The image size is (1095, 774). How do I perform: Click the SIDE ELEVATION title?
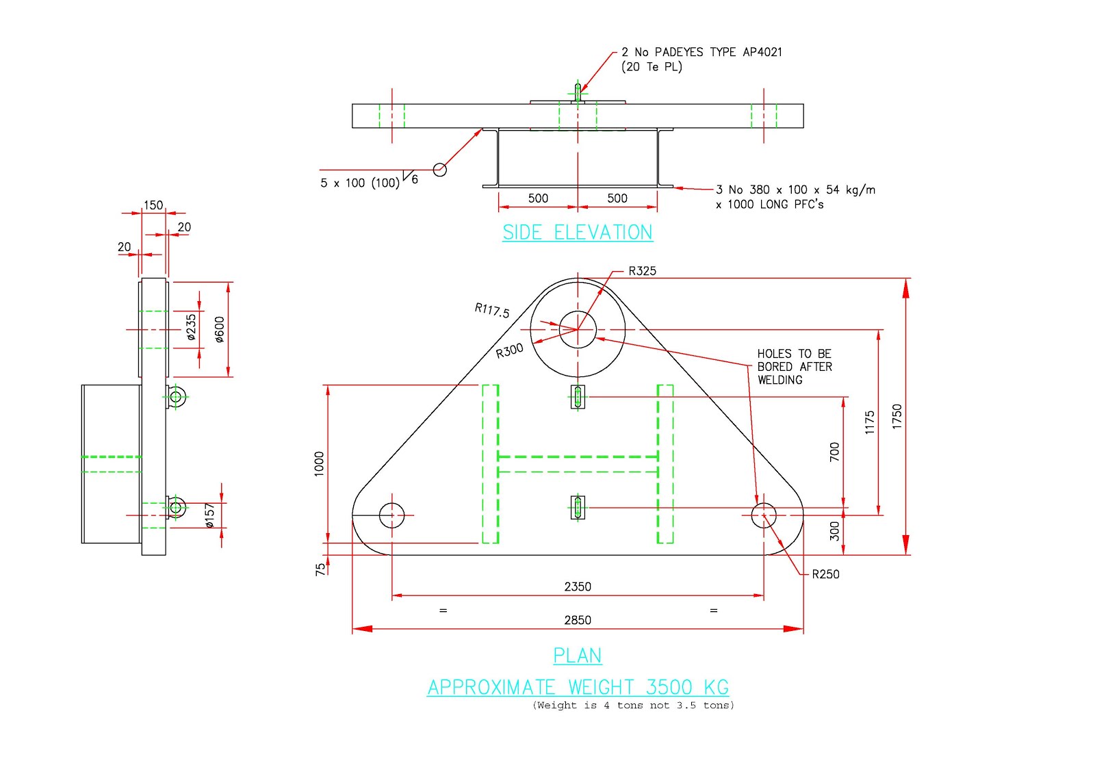coord(577,233)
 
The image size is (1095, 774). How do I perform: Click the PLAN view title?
coord(577,656)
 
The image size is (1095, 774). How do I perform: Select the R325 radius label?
coord(642,271)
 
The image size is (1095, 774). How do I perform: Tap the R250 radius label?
coord(825,574)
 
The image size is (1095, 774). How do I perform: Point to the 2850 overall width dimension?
coord(577,620)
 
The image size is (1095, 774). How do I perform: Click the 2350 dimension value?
coord(577,586)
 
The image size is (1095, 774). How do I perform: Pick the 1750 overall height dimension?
coord(897,417)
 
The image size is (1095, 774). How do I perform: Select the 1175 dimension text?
coord(870,422)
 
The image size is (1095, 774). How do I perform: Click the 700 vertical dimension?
coord(834,452)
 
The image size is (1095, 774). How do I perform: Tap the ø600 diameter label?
coord(219,329)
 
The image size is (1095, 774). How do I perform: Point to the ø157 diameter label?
coord(209,515)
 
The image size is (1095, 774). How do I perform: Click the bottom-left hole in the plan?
coord(391,515)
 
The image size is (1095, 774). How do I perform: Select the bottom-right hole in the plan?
coord(764,515)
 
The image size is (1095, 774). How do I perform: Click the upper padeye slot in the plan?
coord(578,397)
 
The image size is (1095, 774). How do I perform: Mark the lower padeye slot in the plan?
coord(578,507)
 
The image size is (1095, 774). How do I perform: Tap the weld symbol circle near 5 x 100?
coord(440,170)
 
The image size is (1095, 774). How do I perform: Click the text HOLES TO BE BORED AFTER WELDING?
coord(794,367)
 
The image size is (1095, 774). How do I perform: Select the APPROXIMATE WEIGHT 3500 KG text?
coord(578,687)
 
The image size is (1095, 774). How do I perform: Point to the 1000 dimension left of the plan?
coord(319,464)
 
